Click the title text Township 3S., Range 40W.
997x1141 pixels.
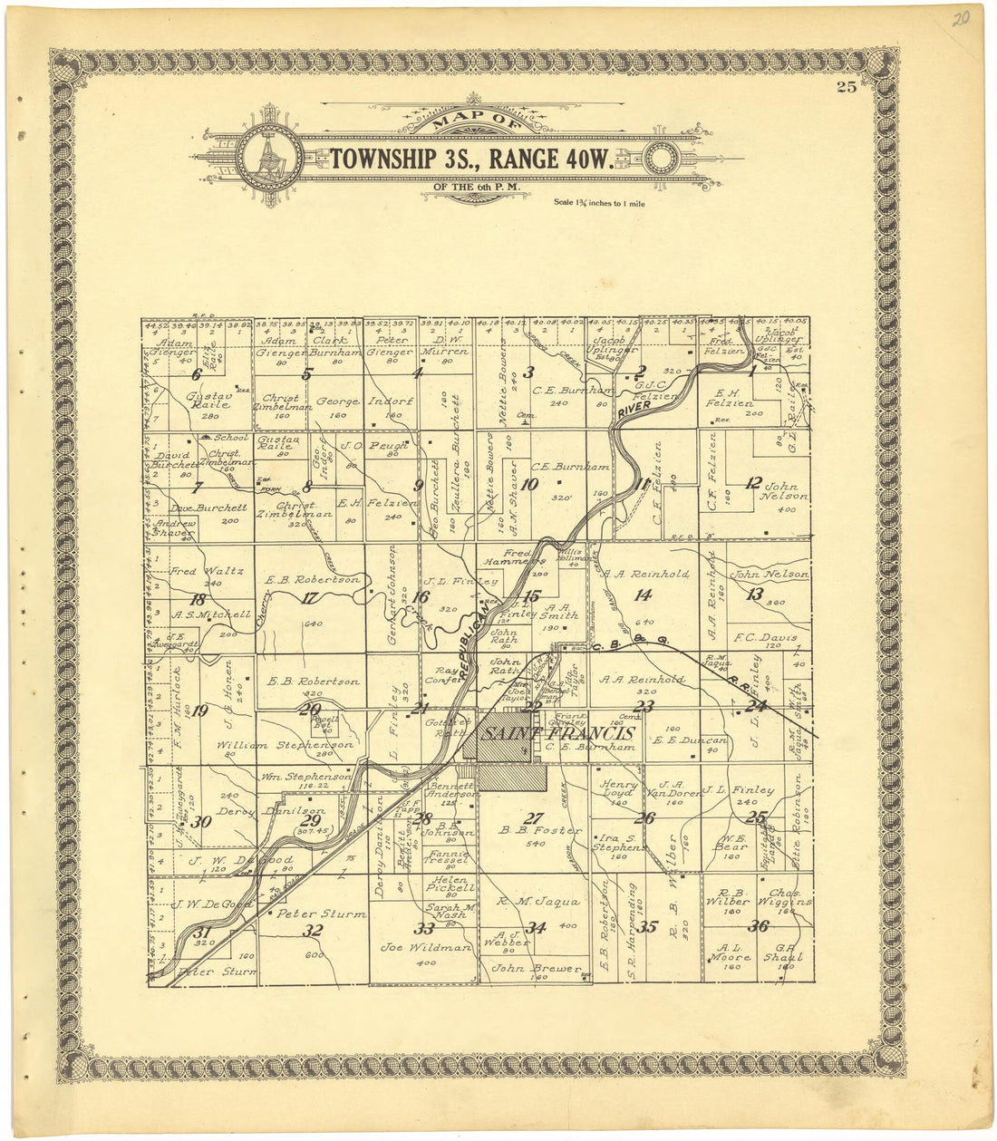click(x=471, y=159)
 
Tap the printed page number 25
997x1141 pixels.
click(x=847, y=87)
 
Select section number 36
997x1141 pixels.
click(x=758, y=926)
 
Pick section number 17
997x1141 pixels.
click(x=310, y=597)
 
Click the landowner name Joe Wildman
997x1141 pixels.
click(x=426, y=947)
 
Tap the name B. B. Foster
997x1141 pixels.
click(x=541, y=830)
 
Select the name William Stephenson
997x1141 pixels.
click(x=285, y=745)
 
